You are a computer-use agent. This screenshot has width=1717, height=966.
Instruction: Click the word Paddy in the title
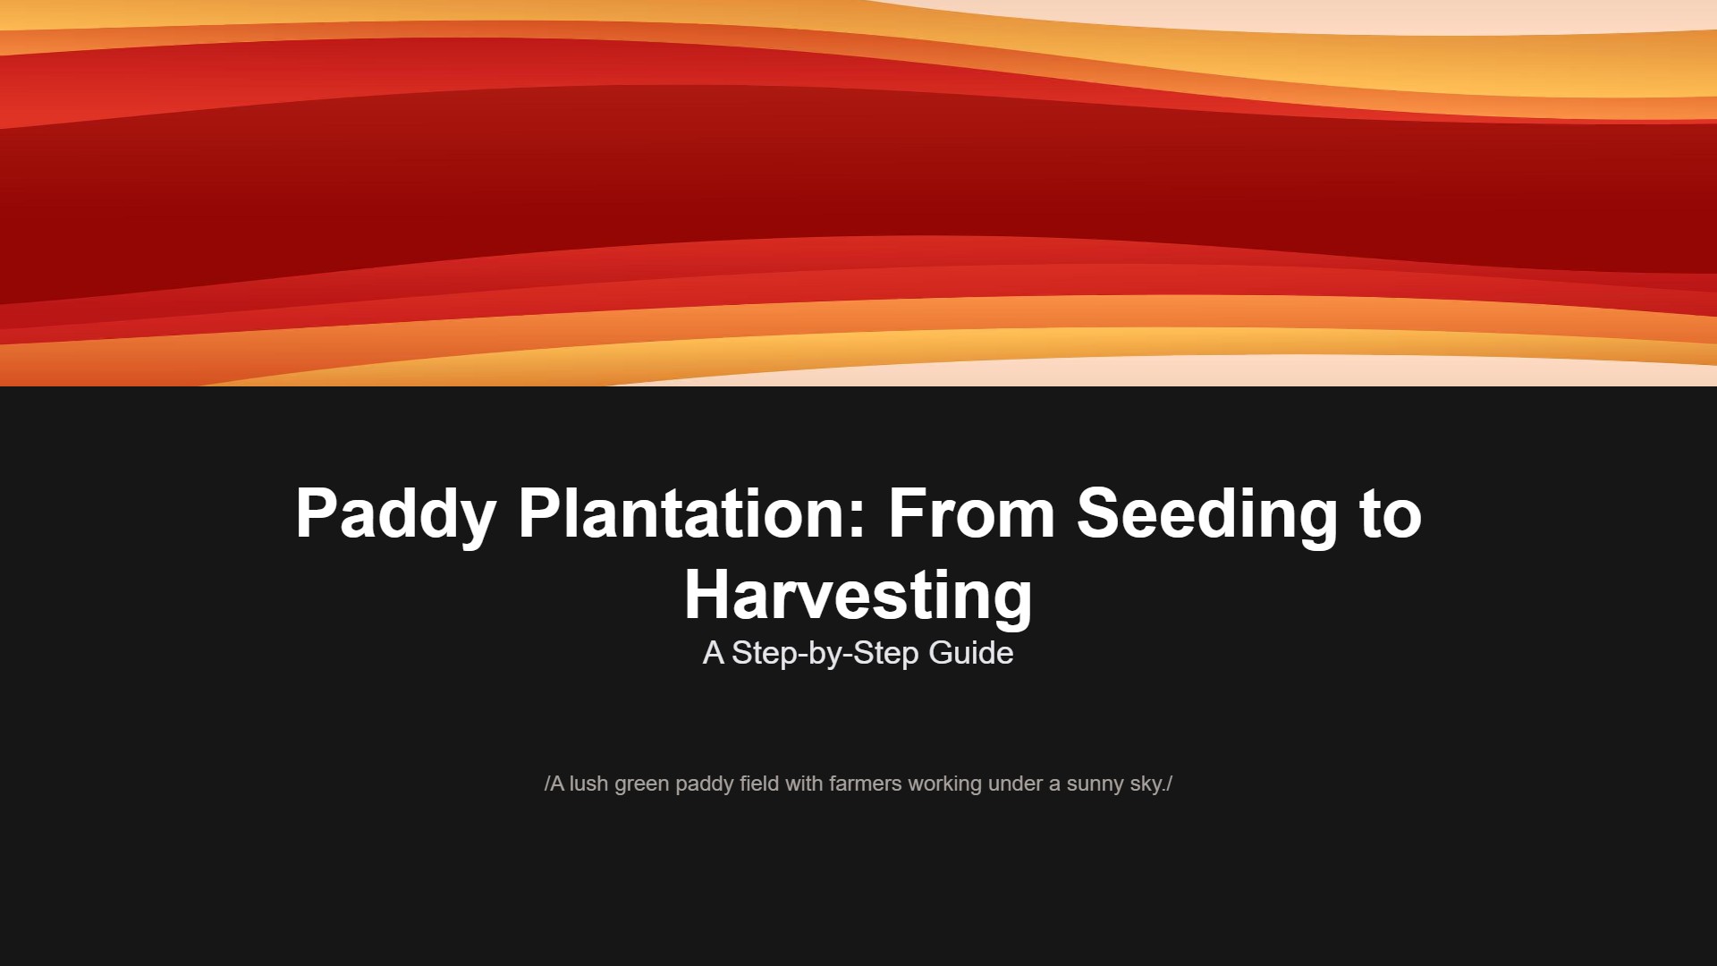pos(395,514)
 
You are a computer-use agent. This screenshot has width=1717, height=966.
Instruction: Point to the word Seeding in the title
pos(1206,514)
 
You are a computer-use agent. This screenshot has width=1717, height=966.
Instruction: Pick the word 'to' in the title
pos(1391,514)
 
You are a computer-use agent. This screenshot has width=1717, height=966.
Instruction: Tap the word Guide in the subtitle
pos(971,653)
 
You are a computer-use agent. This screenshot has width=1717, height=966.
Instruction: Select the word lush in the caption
pos(588,784)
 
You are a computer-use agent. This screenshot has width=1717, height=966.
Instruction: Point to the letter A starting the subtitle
pos(713,653)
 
